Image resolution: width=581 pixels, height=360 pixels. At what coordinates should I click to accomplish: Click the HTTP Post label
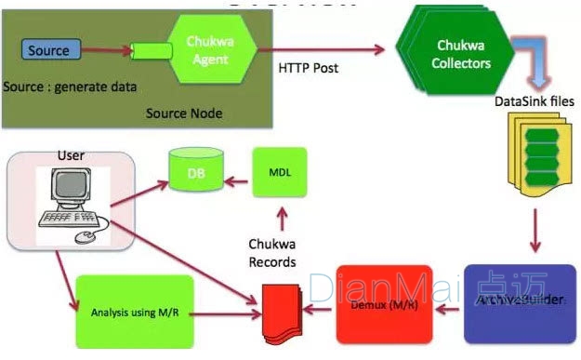tap(310, 68)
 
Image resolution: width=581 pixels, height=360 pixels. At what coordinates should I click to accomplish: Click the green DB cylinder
tap(193, 173)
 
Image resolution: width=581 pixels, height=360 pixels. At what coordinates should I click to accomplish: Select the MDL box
tap(279, 173)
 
